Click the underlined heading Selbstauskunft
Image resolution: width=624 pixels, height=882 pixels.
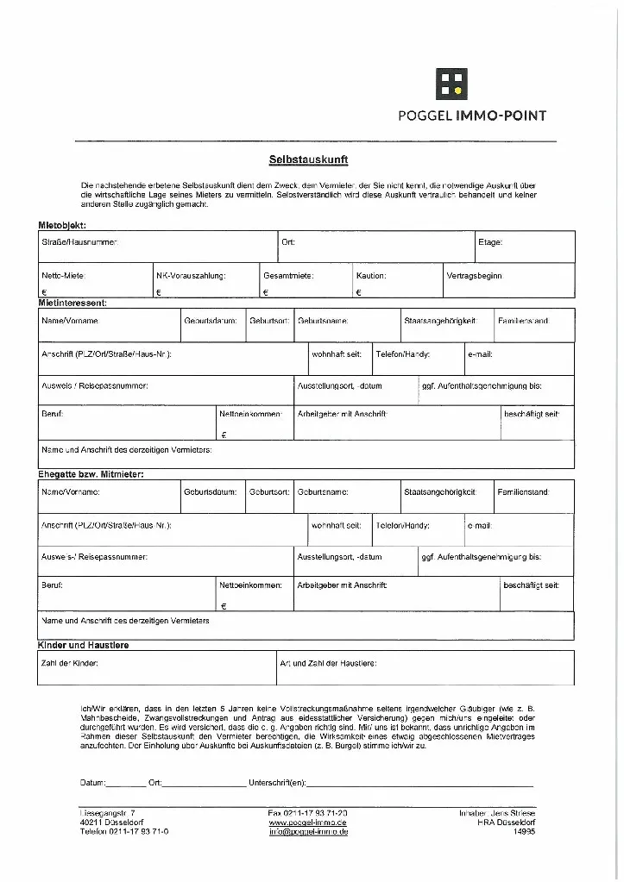tap(309, 160)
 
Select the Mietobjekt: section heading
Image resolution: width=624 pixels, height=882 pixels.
tap(62, 225)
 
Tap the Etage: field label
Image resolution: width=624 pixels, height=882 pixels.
tap(490, 242)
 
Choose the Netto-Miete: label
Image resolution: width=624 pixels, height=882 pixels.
tap(64, 276)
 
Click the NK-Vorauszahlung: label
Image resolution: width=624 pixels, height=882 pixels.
tap(191, 276)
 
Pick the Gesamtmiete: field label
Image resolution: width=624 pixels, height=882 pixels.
tap(288, 276)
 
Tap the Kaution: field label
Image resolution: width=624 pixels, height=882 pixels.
tap(371, 276)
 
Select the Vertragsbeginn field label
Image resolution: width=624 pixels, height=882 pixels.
tap(474, 276)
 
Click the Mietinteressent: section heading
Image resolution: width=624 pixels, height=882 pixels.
tap(73, 303)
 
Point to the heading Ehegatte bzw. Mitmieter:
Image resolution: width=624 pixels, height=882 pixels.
tap(91, 474)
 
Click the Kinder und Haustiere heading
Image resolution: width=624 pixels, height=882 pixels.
tap(84, 645)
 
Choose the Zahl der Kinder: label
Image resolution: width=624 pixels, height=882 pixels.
tap(70, 663)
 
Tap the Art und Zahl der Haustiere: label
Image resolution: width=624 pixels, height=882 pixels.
tap(328, 663)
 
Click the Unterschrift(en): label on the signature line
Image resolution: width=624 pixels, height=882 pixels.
tap(277, 783)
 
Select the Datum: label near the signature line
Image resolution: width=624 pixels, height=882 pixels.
tap(92, 783)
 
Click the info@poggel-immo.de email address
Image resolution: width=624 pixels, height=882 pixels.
tap(308, 832)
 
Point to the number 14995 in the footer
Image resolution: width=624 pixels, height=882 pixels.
tap(524, 832)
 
